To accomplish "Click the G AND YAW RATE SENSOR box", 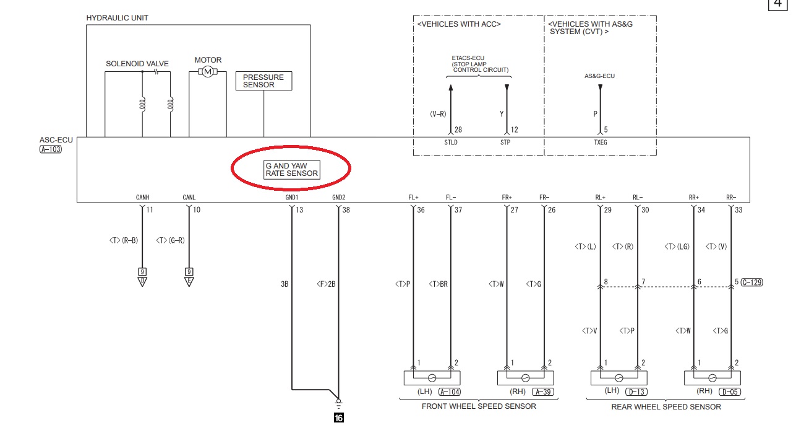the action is click(292, 170).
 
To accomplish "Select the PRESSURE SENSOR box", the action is click(263, 81).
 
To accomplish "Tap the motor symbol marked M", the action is click(208, 72).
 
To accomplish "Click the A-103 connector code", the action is click(51, 149).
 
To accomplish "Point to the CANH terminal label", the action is click(142, 197).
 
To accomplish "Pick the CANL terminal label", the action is click(189, 197).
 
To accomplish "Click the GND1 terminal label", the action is click(292, 197).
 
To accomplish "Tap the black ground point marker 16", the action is click(339, 418).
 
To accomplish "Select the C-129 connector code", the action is click(752, 282).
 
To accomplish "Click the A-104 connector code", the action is click(450, 391).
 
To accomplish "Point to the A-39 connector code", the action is click(543, 391).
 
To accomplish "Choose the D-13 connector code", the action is click(636, 391).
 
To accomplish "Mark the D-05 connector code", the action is click(730, 391).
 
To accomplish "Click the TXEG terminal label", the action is click(601, 142).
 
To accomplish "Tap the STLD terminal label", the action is click(451, 142).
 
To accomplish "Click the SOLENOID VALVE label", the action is click(137, 64).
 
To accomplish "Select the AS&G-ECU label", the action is click(599, 76).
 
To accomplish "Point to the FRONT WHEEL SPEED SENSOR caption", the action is click(479, 406).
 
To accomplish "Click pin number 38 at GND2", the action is click(346, 210).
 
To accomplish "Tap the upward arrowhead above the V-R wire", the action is click(451, 87).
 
